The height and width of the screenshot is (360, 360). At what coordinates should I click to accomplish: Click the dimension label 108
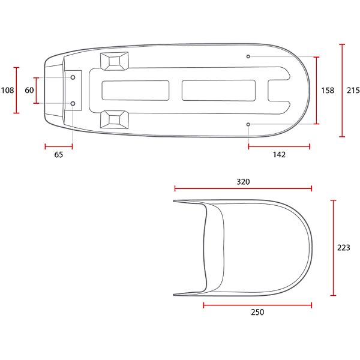point(7,91)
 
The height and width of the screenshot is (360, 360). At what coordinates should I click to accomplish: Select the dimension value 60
point(29,91)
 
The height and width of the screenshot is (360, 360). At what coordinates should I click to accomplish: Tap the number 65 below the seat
point(58,154)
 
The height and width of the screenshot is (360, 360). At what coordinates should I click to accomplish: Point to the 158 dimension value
point(328,91)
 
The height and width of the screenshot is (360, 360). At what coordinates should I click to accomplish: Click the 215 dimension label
point(353,91)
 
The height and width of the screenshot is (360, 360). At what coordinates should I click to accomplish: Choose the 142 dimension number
point(278,154)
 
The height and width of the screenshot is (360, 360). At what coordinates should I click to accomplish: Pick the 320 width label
point(242,181)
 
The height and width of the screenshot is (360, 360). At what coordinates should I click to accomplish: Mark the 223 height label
point(343,247)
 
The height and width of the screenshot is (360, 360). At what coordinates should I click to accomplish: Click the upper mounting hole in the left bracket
point(73,77)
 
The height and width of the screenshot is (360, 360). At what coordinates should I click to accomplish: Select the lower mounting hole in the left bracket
point(73,104)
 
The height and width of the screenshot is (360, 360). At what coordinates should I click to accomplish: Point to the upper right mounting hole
point(248,56)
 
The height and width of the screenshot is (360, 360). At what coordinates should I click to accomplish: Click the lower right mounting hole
point(248,124)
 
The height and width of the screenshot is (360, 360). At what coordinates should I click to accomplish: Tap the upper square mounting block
point(115,60)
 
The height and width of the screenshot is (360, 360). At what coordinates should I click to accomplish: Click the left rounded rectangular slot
point(136,90)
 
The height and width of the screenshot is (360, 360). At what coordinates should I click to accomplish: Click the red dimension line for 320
point(242,188)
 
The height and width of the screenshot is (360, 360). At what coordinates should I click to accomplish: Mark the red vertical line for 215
point(342,91)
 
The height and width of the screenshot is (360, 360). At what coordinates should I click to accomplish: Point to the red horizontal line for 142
point(278,146)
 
